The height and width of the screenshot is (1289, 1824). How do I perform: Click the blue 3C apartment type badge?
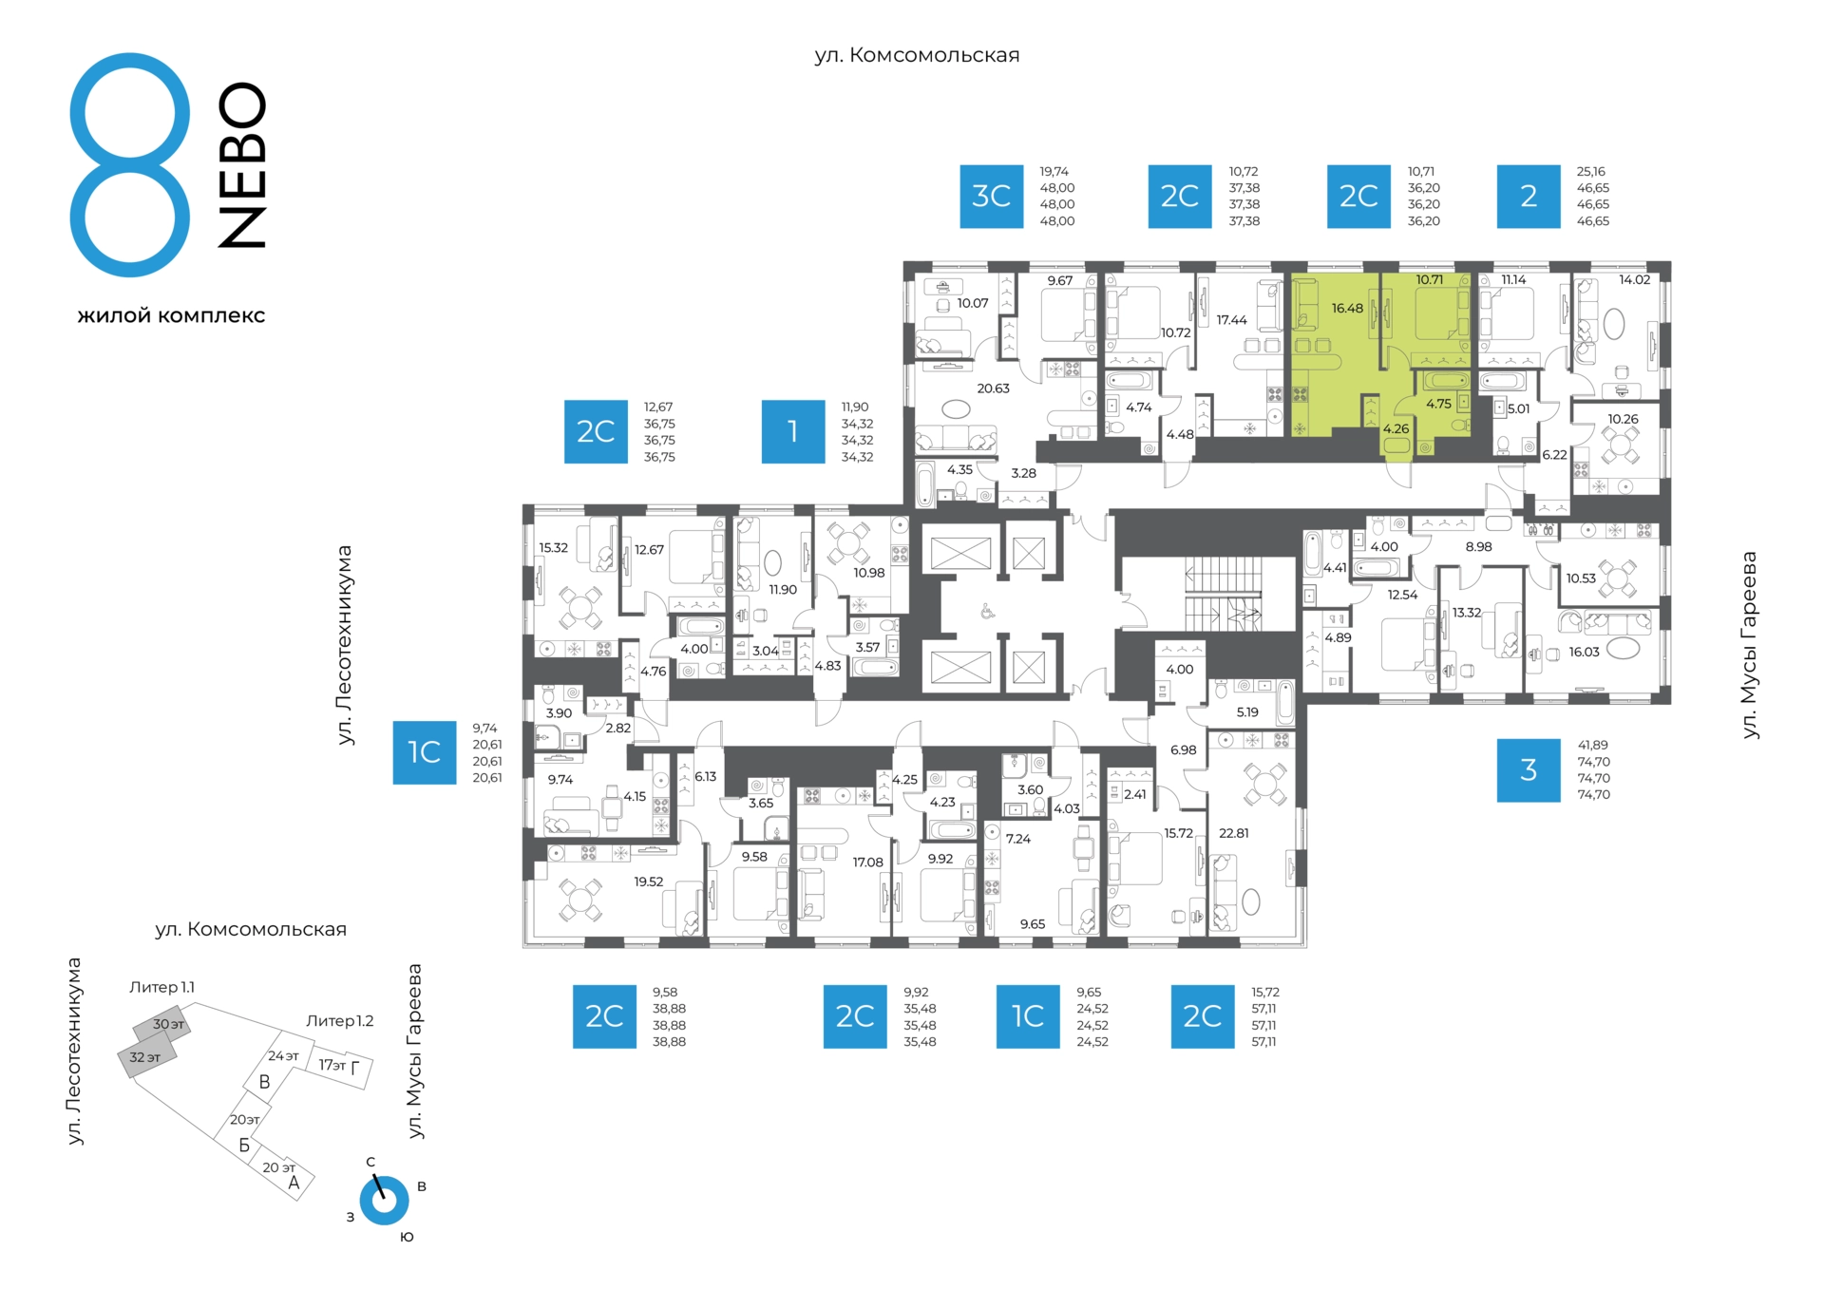click(991, 197)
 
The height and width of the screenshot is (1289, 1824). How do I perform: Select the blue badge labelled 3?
click(1529, 770)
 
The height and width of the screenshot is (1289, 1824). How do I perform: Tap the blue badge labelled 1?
click(793, 432)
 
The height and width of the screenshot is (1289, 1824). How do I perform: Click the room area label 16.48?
click(1347, 309)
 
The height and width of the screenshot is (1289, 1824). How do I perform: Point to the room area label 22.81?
click(1234, 833)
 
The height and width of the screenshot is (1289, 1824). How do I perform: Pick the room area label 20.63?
click(994, 389)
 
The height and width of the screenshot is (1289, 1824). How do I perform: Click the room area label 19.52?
click(649, 881)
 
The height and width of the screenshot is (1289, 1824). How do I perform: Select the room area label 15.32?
click(554, 548)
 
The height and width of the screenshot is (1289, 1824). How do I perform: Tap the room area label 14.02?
click(1635, 280)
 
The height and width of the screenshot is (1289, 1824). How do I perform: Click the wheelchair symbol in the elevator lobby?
click(987, 612)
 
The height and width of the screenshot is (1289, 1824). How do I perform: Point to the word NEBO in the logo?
click(242, 165)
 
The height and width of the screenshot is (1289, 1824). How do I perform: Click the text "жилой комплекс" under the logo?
click(171, 316)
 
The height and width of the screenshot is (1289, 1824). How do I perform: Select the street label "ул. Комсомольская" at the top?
click(917, 55)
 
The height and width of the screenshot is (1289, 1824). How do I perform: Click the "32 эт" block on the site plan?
click(146, 1058)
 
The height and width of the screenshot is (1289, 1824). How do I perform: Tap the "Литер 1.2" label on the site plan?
click(340, 1021)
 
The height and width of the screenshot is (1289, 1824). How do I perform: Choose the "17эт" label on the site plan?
click(332, 1065)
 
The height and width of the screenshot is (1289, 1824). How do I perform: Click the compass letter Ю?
click(407, 1238)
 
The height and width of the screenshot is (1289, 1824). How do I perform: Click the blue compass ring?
click(385, 1201)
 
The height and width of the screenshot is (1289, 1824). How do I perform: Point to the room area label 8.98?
click(1479, 547)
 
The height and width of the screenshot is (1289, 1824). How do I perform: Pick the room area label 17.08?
click(867, 862)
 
